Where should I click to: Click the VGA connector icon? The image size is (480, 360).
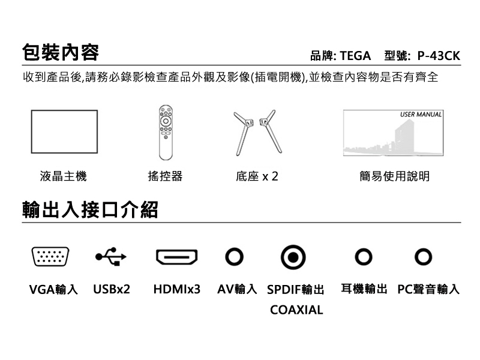[50, 257]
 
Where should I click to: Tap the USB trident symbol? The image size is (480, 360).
[111, 257]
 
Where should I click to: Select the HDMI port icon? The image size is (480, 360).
[176, 257]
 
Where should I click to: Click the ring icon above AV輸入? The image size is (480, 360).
[234, 257]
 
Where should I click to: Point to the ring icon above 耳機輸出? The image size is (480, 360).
[364, 257]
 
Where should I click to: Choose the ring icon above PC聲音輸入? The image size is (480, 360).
[424, 257]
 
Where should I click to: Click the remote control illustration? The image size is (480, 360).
[166, 132]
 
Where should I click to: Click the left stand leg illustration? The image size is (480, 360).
[244, 133]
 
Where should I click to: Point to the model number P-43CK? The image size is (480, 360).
[439, 56]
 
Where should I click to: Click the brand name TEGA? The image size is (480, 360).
[355, 56]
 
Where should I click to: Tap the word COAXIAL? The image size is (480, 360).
[296, 310]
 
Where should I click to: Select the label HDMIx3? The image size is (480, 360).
[176, 289]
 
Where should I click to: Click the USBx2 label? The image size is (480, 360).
[112, 289]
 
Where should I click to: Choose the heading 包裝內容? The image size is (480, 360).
[61, 52]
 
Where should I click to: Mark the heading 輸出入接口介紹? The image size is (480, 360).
[90, 210]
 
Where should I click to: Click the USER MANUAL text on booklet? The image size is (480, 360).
[421, 115]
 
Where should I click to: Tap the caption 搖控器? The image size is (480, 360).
[165, 176]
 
